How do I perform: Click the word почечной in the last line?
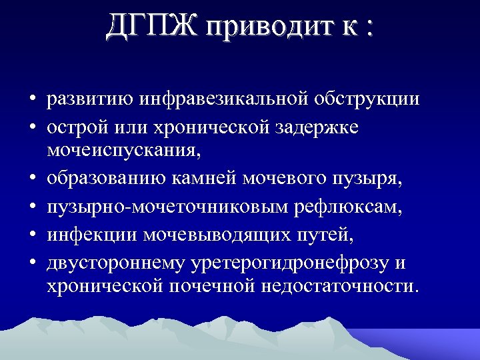231,287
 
